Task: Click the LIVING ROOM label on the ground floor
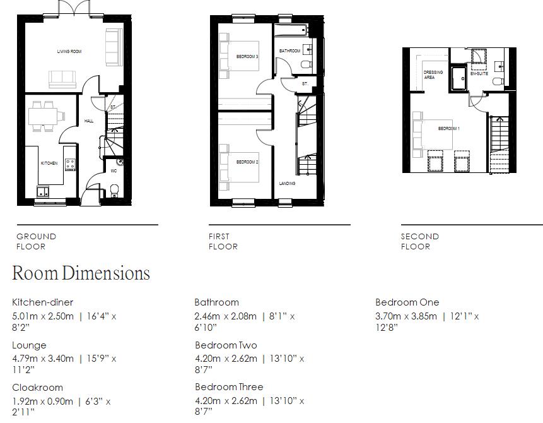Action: [x=69, y=51]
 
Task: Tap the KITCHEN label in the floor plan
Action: [x=49, y=163]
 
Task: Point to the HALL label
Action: [x=89, y=121]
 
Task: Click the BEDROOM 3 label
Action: [x=247, y=57]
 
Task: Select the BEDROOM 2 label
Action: [x=247, y=162]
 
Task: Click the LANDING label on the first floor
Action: [x=287, y=184]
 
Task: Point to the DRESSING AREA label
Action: [x=433, y=74]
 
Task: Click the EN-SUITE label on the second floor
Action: [x=479, y=73]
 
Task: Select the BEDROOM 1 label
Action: [x=449, y=129]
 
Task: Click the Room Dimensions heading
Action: [x=81, y=273]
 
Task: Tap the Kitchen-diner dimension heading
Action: [x=43, y=302]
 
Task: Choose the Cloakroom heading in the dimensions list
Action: [x=37, y=388]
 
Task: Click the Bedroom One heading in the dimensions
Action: [x=407, y=302]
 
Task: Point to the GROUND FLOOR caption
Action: [x=36, y=241]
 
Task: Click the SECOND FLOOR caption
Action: [x=419, y=241]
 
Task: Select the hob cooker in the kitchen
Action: [x=70, y=164]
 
